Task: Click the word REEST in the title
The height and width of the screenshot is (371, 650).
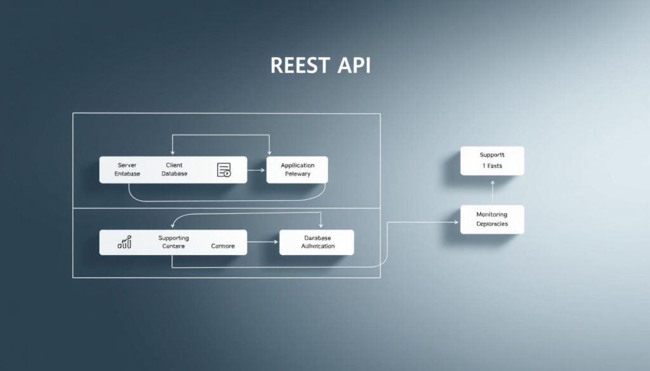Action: pos(300,65)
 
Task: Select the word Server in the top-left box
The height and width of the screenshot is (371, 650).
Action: pos(128,165)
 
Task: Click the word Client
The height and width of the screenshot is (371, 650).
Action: pos(174,165)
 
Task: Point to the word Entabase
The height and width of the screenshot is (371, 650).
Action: pos(128,174)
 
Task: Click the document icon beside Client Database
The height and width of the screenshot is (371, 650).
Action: pos(224,170)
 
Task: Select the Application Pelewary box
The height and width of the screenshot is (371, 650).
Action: pos(297,169)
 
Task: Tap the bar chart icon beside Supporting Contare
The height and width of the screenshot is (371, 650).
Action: pos(125,242)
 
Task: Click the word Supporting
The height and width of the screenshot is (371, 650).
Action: pos(174,237)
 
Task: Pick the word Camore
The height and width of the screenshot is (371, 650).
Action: pos(222,246)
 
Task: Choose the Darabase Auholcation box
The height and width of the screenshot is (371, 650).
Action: pos(316,242)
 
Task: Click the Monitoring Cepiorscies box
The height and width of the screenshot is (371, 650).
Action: pos(492,219)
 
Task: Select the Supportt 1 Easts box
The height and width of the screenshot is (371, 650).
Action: pos(492,160)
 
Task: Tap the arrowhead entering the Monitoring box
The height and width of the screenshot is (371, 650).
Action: pos(456,222)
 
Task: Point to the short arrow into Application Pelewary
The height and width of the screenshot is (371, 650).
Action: pos(256,170)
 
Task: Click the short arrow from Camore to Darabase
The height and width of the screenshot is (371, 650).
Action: pos(263,242)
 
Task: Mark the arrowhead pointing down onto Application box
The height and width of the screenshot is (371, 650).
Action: pos(270,153)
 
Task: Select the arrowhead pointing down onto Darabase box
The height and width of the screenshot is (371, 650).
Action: pos(321,226)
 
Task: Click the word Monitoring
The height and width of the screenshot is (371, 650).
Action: pos(492,214)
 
